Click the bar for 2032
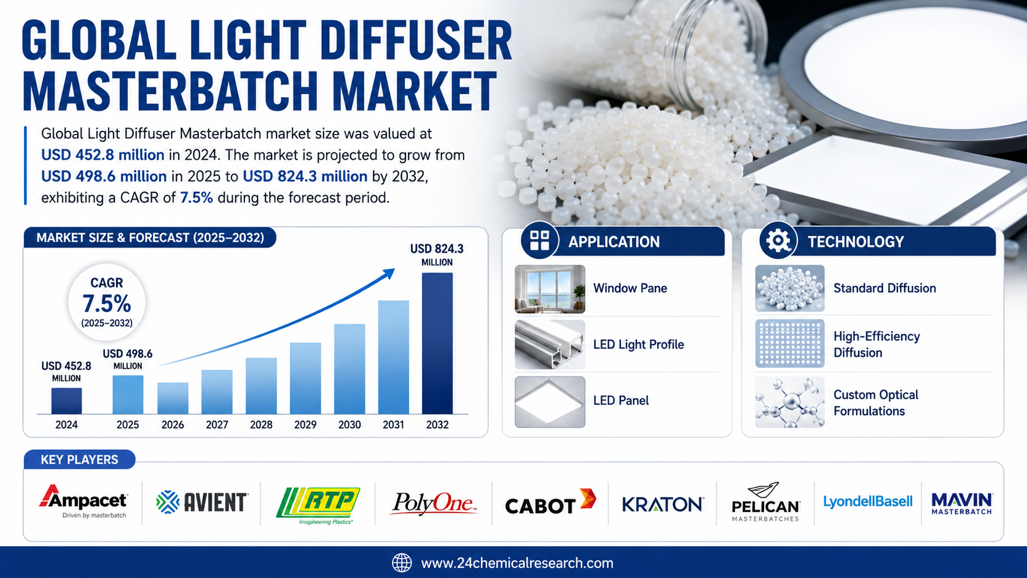point(437,343)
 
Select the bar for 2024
point(66,401)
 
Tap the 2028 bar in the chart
point(261,386)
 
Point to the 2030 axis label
point(349,425)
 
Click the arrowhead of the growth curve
point(389,274)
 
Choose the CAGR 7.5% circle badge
point(107,302)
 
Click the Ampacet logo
point(83,501)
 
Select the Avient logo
point(202,502)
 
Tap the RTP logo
point(318,506)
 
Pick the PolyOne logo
point(433,503)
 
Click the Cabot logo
point(550,501)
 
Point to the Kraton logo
point(663,504)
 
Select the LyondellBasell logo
point(868,502)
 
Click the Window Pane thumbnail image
point(550,289)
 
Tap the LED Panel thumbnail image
point(550,402)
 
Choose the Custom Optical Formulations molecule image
point(789,402)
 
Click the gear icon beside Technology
point(778,241)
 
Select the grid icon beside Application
point(539,241)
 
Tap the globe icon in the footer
point(402,563)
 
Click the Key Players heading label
point(79,459)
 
